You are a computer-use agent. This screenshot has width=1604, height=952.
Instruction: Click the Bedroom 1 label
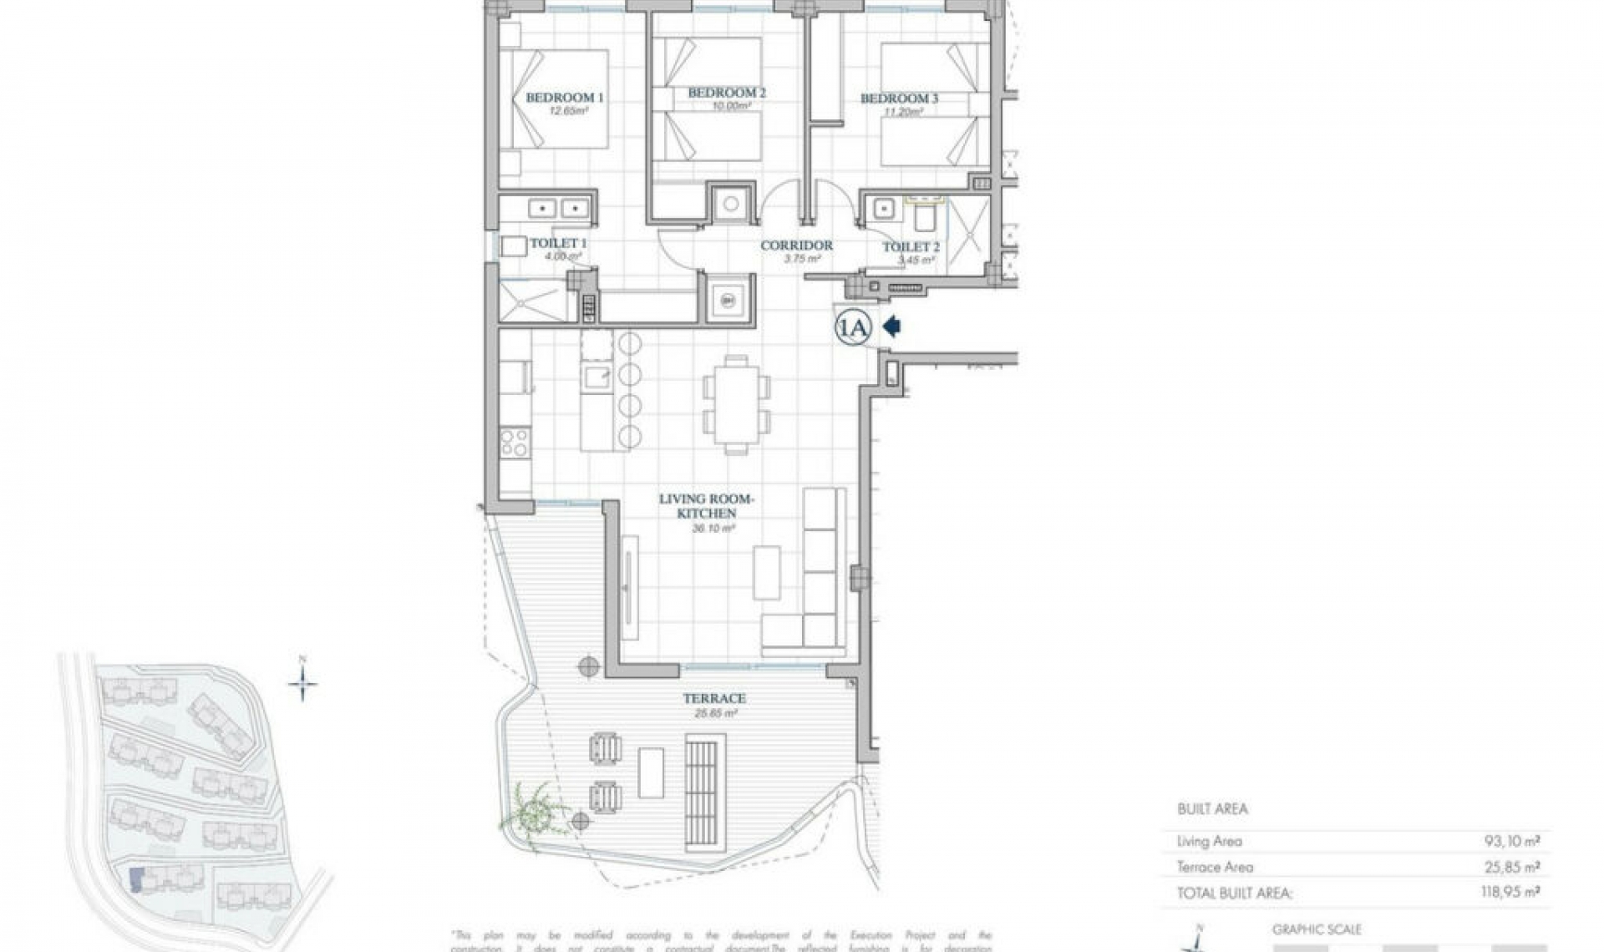[564, 98]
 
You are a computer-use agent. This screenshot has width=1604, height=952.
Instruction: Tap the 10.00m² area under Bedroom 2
[728, 106]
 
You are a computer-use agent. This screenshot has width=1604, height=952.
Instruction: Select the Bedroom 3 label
[899, 99]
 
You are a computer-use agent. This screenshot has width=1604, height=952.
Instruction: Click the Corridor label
[796, 246]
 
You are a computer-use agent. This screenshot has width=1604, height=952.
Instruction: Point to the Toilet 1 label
[558, 243]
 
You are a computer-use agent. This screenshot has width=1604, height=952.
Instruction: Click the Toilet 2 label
[911, 247]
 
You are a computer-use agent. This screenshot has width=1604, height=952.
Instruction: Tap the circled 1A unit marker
[854, 328]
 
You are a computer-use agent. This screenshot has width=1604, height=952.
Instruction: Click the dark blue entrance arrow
[891, 327]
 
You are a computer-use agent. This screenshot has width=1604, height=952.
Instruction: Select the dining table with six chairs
[736, 405]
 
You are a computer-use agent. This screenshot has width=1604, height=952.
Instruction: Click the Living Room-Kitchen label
[706, 506]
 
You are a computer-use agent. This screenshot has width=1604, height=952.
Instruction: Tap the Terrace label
[713, 698]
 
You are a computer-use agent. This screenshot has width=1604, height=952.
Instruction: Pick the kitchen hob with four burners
[515, 443]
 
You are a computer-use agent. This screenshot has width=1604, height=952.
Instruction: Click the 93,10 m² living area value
[1511, 842]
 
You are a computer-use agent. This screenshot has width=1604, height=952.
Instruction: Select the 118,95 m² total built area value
[1510, 892]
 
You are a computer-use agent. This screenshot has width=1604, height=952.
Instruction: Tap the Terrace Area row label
[1215, 867]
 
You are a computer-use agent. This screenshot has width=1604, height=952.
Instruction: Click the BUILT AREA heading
[1211, 808]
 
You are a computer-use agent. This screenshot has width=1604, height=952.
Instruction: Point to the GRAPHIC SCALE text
[1317, 929]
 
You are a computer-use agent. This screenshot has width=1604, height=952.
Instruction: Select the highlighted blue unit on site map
[136, 880]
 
